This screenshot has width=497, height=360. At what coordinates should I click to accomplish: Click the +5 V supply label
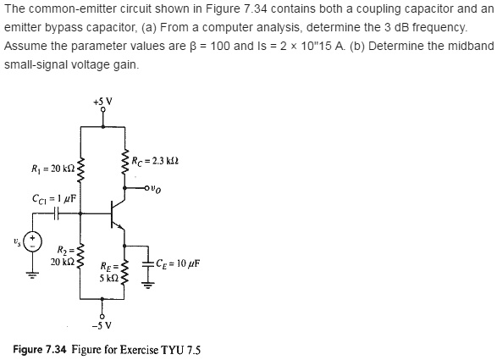click(x=103, y=102)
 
